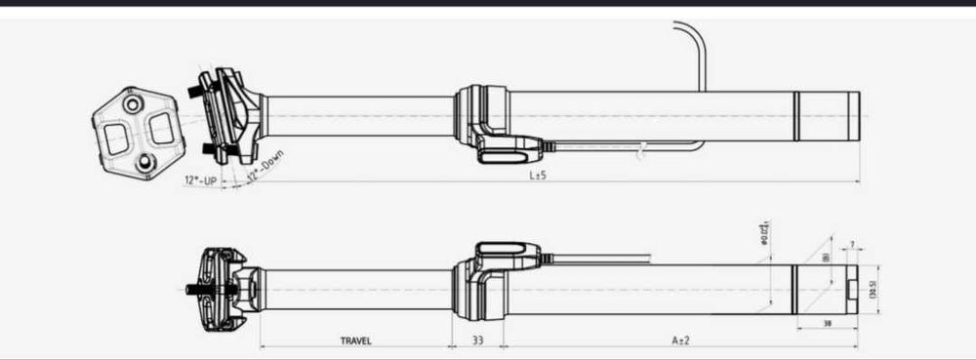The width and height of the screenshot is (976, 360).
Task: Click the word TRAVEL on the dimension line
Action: (356, 341)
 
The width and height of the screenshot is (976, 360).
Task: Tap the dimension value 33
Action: (478, 341)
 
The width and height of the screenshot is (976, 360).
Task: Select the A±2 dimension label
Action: (680, 341)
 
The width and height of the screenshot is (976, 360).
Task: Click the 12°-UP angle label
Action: (200, 180)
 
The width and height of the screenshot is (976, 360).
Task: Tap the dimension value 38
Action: (827, 322)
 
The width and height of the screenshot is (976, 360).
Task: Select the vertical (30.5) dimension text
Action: (873, 289)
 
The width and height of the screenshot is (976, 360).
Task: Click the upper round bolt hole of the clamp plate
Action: (130, 100)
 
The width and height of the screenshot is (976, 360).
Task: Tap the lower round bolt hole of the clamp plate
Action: (145, 164)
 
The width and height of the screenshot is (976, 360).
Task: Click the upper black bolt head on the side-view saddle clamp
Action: (199, 92)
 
